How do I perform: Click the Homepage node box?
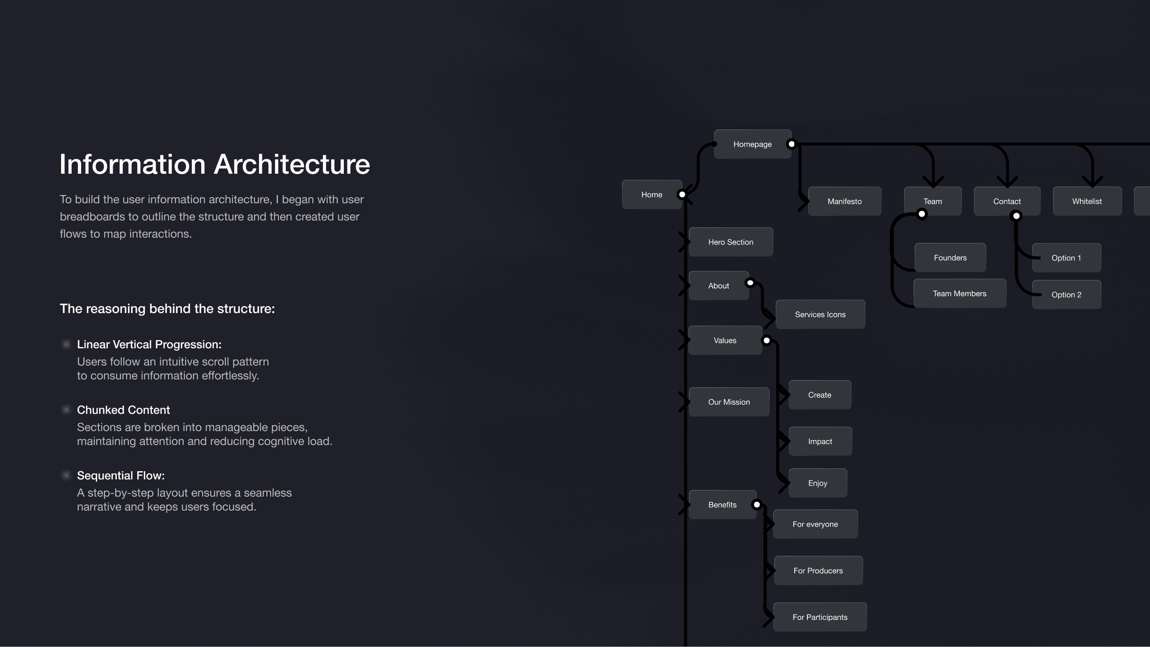[x=752, y=144]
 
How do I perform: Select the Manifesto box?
[x=844, y=201]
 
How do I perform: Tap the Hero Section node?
[x=730, y=242]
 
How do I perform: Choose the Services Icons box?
[x=820, y=315]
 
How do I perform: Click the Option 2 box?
[x=1066, y=295]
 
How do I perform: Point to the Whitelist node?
[x=1086, y=201]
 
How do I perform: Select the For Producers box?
[x=818, y=571]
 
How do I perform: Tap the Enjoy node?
[x=817, y=483]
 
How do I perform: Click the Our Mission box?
[x=729, y=402]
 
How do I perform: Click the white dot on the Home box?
[x=682, y=195]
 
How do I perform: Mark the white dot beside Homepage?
[x=791, y=144]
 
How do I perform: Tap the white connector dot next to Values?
[x=766, y=341]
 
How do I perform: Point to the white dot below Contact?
[x=1016, y=216]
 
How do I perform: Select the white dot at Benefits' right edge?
[x=757, y=505]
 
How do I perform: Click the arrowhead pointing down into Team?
[x=933, y=182]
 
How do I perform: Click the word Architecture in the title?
[x=292, y=164]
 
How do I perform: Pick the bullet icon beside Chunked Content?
[x=66, y=410]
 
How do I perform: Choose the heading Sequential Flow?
[x=120, y=476]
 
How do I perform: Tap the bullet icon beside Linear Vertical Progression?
[x=66, y=344]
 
